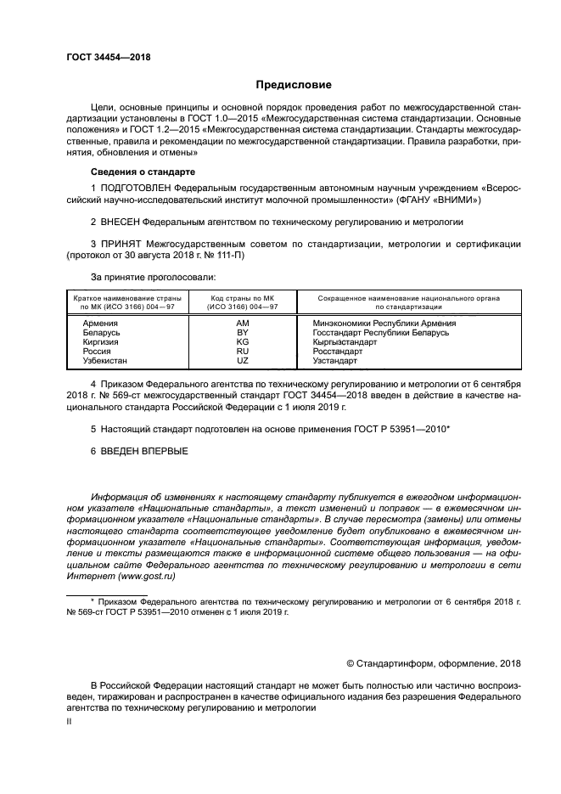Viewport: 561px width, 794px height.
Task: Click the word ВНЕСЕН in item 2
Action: tap(119, 221)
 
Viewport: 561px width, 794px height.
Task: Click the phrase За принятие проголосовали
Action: tap(153, 277)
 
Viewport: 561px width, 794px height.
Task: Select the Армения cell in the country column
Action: tap(100, 324)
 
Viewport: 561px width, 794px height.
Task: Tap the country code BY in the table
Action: tap(242, 333)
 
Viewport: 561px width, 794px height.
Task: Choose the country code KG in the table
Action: tap(242, 342)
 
